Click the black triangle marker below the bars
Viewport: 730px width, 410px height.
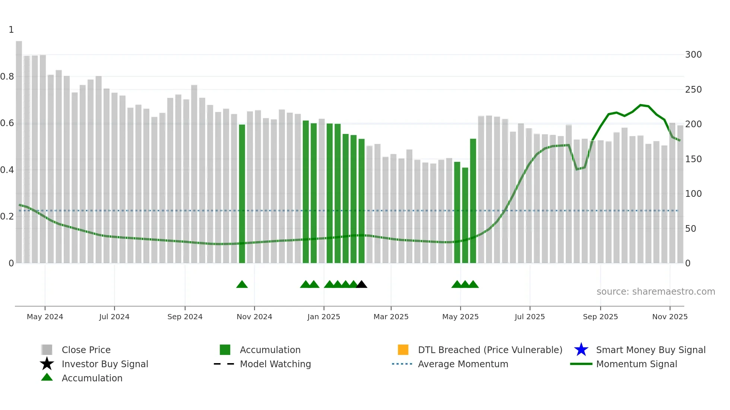click(x=361, y=285)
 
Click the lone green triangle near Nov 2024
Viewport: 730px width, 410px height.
click(x=242, y=285)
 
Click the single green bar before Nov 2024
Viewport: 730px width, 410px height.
click(x=242, y=193)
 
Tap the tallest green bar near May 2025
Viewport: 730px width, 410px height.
click(x=473, y=201)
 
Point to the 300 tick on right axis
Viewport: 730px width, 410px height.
click(x=693, y=55)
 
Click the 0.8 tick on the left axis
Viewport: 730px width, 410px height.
click(x=7, y=77)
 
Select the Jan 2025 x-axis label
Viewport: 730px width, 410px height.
click(x=324, y=317)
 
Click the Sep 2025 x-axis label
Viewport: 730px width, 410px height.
click(x=600, y=317)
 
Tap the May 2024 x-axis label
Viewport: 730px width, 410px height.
click(x=45, y=317)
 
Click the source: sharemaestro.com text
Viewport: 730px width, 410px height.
click(x=656, y=291)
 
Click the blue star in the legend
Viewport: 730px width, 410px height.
click(x=581, y=350)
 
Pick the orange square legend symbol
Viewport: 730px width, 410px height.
click(x=403, y=350)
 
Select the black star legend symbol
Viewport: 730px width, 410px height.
click(x=47, y=364)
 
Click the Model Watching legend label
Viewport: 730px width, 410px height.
click(x=275, y=364)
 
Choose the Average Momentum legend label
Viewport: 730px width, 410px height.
click(x=463, y=364)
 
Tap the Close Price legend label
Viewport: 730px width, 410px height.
click(x=86, y=350)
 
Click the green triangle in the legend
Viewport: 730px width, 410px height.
click(x=47, y=378)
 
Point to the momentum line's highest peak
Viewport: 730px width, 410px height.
click(x=641, y=105)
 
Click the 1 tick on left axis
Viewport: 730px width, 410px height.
click(x=11, y=30)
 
